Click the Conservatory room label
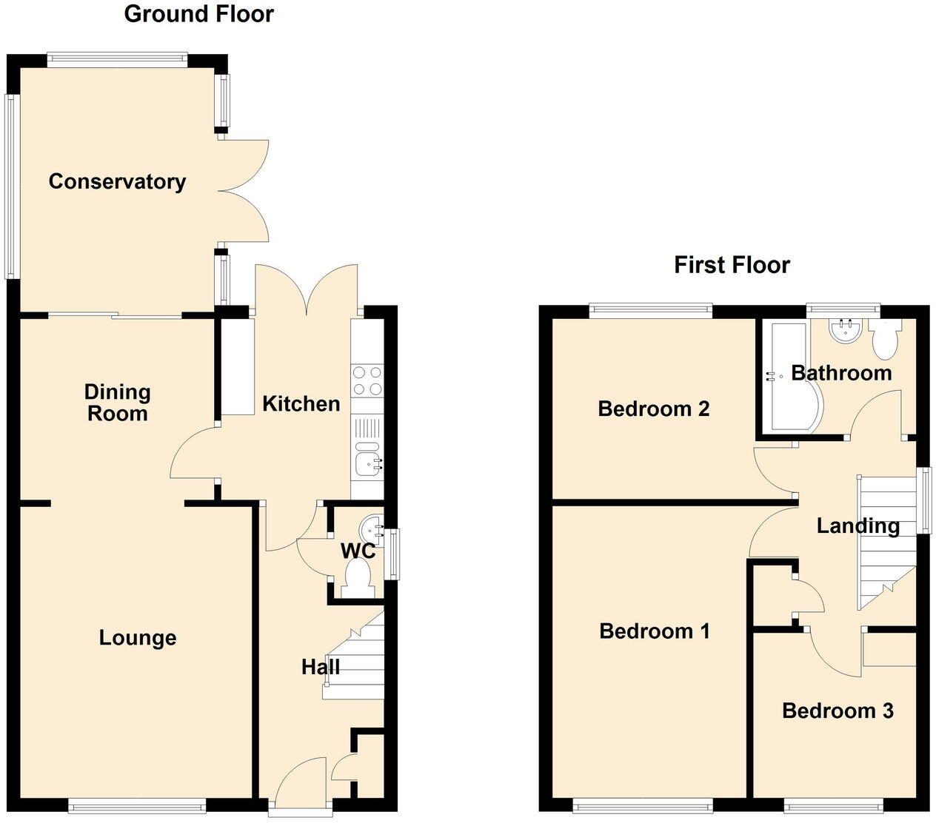117,181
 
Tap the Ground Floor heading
198,13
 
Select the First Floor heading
732,264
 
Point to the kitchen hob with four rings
367,380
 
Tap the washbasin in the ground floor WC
370,529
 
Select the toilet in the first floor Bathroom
885,339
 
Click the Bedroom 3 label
838,711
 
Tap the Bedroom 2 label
654,409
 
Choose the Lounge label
138,638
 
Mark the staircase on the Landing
886,540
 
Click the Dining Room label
117,403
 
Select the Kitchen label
301,403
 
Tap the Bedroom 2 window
651,310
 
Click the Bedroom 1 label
655,631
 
